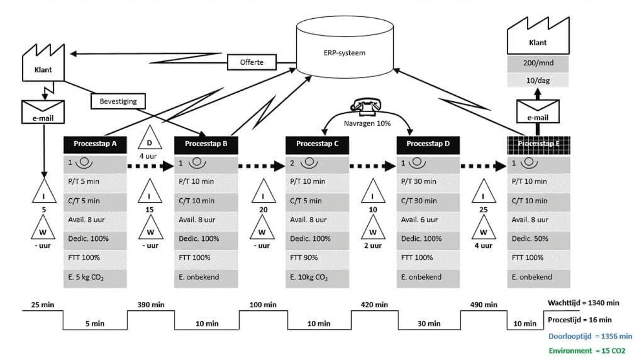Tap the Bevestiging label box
click(118, 100)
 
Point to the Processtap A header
click(95, 143)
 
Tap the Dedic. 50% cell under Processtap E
click(539, 239)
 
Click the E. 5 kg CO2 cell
click(95, 277)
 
